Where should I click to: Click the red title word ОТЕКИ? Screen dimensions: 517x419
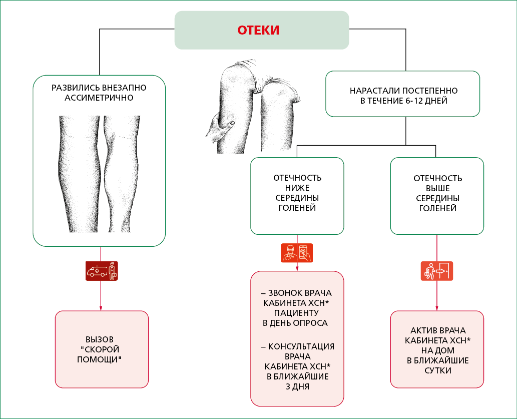pyautogui.click(x=258, y=30)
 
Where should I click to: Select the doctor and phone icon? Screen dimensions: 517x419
pyautogui.click(x=297, y=253)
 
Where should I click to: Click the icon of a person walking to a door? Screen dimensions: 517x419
pyautogui.click(x=436, y=271)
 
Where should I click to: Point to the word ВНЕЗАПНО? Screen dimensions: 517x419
pyautogui.click(x=124, y=88)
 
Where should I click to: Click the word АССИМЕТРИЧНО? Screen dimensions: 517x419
pyautogui.click(x=99, y=98)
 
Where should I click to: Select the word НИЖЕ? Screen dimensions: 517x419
pyautogui.click(x=297, y=188)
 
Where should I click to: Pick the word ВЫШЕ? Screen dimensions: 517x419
pyautogui.click(x=437, y=188)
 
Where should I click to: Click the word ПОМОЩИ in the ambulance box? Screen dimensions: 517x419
pyautogui.click(x=99, y=359)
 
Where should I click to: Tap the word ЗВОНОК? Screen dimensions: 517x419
pyautogui.click(x=284, y=293)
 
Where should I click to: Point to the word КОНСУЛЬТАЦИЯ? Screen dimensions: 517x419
pyautogui.click(x=301, y=346)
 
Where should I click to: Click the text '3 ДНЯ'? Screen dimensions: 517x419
pyautogui.click(x=297, y=386)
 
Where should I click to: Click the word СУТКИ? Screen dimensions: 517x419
pyautogui.click(x=437, y=370)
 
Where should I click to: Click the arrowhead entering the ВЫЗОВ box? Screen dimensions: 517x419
pyautogui.click(x=101, y=308)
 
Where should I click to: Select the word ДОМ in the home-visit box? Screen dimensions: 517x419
pyautogui.click(x=446, y=350)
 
